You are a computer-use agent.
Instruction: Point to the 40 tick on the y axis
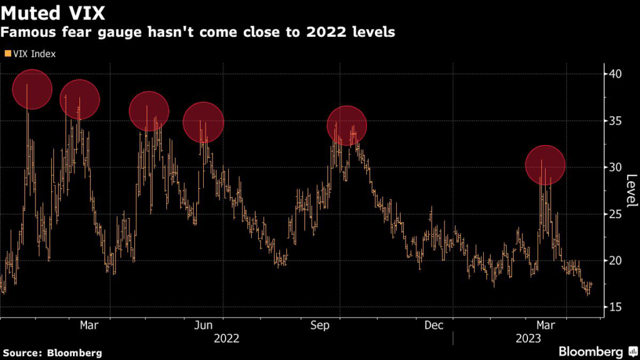click(x=616, y=74)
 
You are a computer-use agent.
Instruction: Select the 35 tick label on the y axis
click(x=616, y=121)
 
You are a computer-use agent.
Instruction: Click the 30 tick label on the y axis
click(x=616, y=167)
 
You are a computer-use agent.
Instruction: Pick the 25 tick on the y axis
click(x=616, y=214)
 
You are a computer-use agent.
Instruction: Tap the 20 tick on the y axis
click(x=616, y=260)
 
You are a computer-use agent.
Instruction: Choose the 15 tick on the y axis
click(x=616, y=307)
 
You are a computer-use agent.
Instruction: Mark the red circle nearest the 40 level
click(x=32, y=89)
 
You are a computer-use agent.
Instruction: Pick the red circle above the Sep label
click(x=346, y=126)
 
